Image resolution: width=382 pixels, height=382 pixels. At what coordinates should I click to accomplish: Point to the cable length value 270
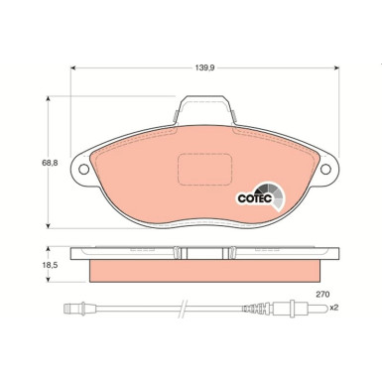(x=321, y=294)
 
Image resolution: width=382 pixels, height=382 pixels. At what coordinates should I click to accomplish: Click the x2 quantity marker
(x=334, y=307)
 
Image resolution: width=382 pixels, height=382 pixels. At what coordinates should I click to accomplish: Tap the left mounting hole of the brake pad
(x=83, y=169)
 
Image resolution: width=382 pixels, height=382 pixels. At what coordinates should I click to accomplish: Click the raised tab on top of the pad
(x=205, y=104)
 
